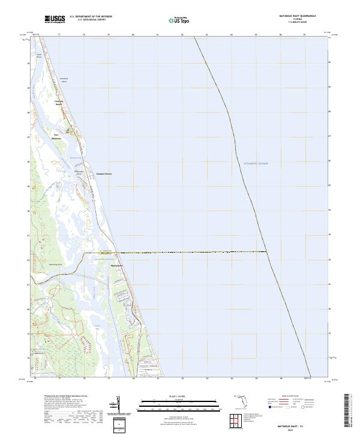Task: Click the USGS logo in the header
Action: click(x=55, y=19)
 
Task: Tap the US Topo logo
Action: click(x=177, y=20)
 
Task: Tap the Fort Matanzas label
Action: click(x=58, y=136)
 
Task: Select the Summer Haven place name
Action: click(x=105, y=175)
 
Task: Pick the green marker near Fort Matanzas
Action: click(x=68, y=130)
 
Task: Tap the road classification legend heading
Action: click(x=286, y=397)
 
